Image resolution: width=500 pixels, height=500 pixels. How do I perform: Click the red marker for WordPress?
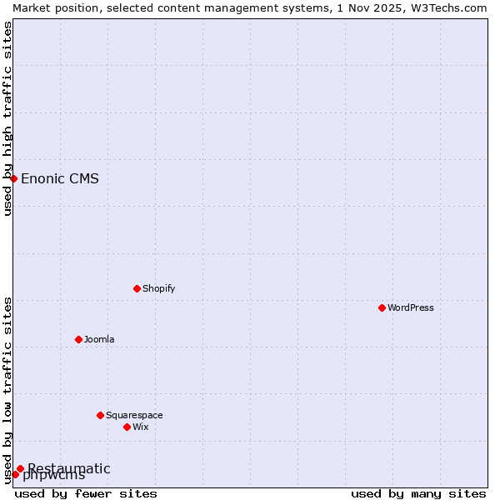[382, 307]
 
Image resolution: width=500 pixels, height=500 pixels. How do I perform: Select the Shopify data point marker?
[137, 288]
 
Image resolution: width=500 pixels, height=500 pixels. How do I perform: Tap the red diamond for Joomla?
[78, 339]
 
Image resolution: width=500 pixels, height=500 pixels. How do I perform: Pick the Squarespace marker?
[100, 415]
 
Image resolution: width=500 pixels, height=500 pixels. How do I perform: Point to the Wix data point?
[127, 427]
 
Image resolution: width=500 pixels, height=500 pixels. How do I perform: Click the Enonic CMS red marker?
[13, 178]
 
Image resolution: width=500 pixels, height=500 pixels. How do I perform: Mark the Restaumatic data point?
[20, 468]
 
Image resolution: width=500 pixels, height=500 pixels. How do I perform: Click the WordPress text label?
[411, 307]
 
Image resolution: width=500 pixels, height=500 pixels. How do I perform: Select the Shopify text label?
[159, 288]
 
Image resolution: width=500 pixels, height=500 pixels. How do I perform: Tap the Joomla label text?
[99, 339]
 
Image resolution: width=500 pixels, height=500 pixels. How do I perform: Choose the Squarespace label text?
[134, 415]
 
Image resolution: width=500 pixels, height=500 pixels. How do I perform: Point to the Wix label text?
[141, 427]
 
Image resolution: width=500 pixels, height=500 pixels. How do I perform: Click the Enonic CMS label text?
[60, 178]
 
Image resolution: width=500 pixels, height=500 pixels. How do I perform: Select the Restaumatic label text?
[69, 468]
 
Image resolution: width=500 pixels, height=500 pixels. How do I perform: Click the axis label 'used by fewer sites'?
[86, 493]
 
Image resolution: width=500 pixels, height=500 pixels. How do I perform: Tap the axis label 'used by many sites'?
[418, 493]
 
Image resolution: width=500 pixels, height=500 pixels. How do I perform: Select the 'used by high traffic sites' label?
[7, 118]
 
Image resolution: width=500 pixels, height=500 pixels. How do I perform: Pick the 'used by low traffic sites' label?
[7, 389]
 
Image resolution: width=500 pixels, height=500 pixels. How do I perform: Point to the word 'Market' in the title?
[32, 7]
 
